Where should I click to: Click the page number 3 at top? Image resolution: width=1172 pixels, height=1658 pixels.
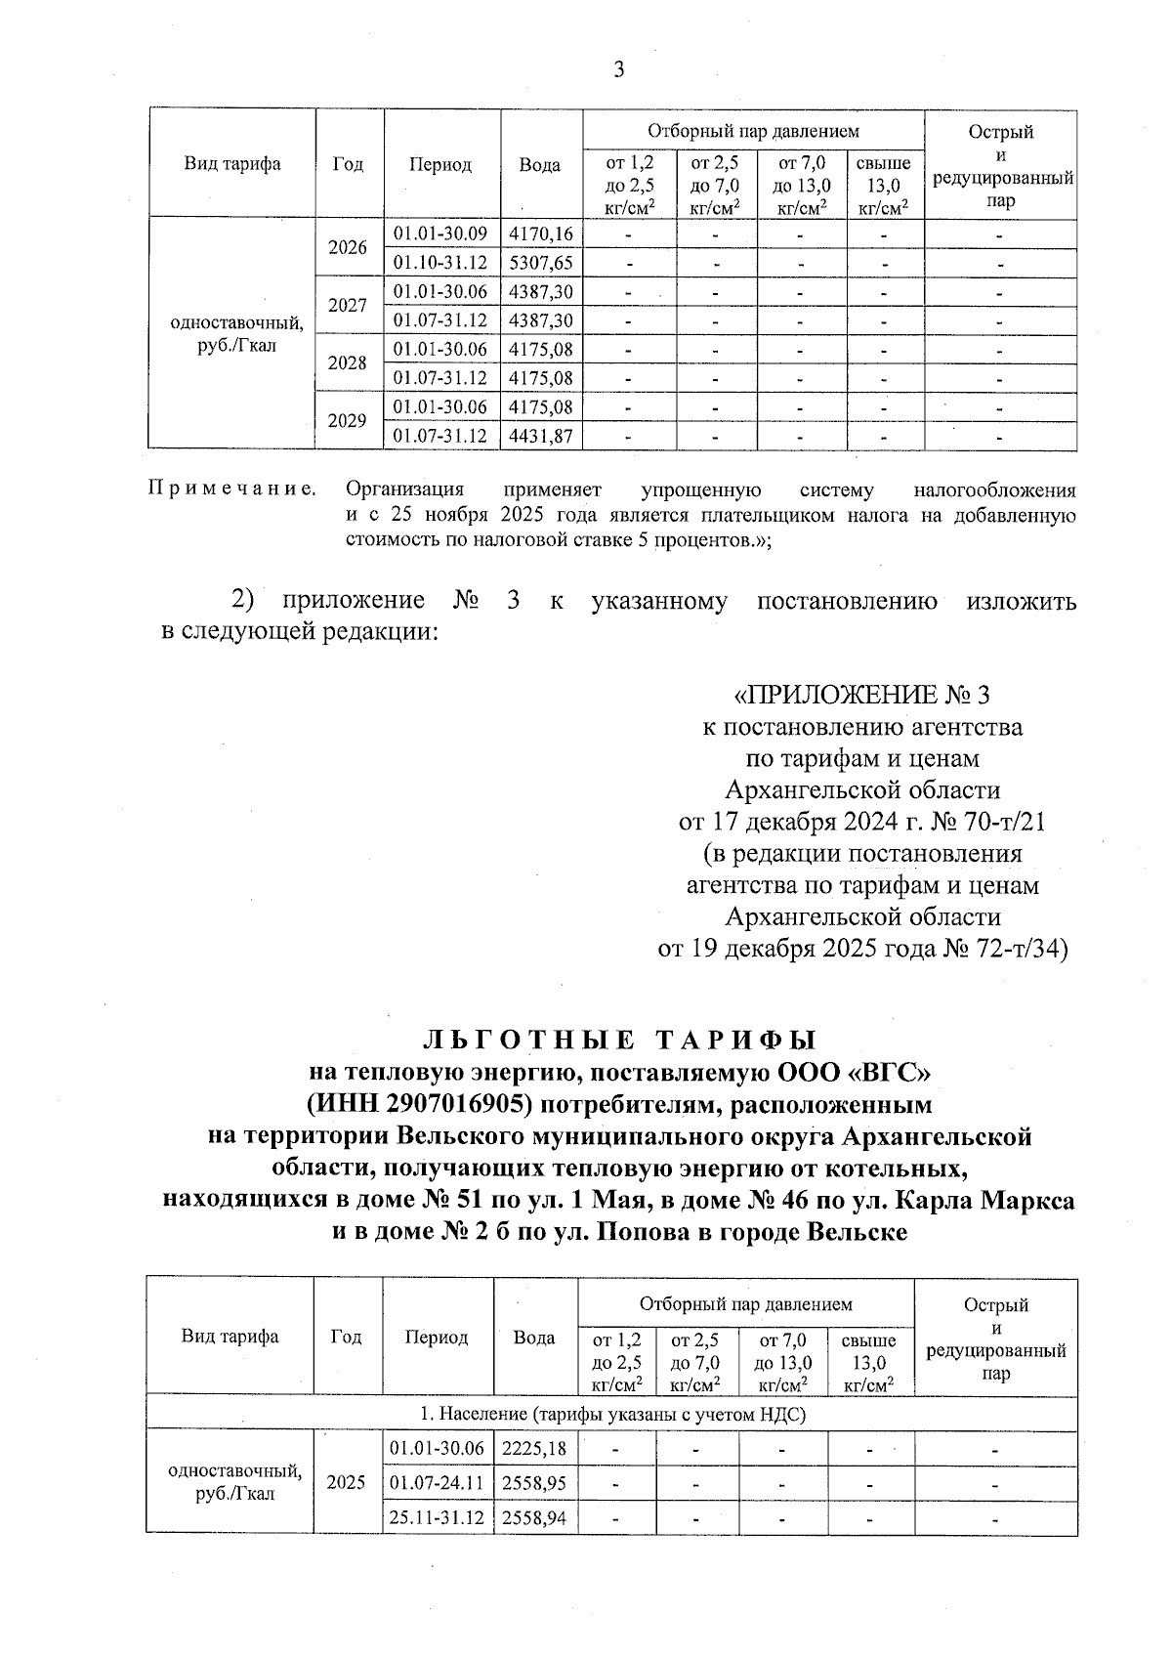[617, 69]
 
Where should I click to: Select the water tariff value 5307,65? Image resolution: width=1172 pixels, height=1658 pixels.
[541, 263]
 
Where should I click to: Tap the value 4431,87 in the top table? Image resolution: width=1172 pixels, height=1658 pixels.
[541, 436]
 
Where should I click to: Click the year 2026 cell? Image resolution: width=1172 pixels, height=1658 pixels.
[348, 248]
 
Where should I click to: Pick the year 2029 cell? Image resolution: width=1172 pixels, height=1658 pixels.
[348, 421]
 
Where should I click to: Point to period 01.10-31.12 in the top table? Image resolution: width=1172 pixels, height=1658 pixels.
[440, 263]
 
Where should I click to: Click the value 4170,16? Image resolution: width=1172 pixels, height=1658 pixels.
[541, 234]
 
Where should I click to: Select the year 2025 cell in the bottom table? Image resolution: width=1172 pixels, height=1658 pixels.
[346, 1482]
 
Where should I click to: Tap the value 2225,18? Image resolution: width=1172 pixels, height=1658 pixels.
[533, 1448]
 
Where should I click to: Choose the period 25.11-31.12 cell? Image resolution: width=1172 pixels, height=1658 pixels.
[437, 1517]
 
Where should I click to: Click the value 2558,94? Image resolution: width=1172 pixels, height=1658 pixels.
[533, 1517]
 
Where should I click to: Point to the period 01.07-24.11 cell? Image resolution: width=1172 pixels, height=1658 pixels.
[437, 1483]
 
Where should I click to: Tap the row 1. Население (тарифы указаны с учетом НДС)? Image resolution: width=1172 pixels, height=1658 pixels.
[611, 1414]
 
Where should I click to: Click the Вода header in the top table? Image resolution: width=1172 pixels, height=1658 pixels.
[539, 165]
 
